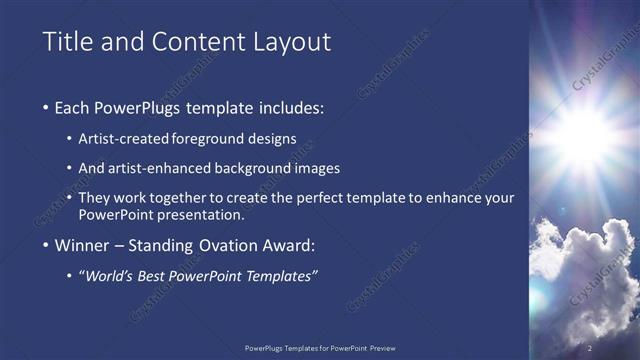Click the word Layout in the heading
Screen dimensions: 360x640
291,42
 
